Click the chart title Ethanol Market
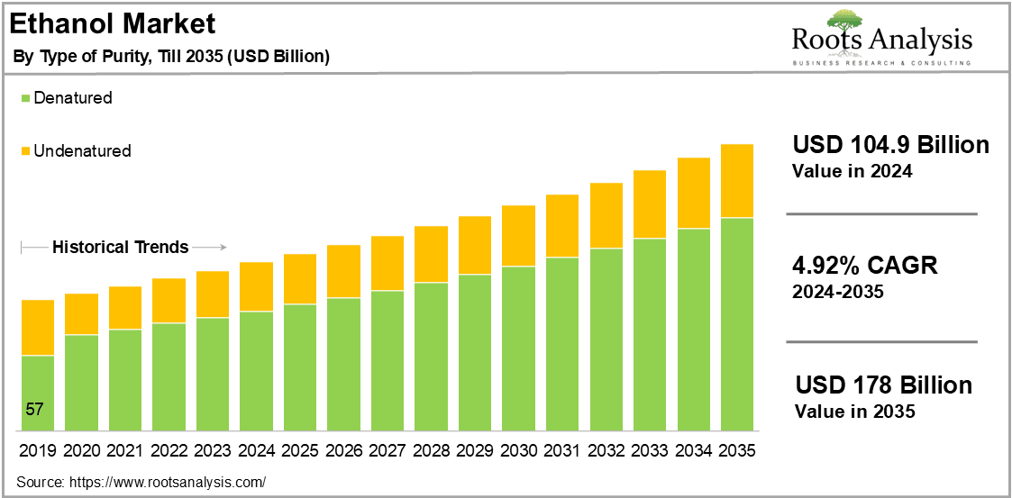(x=113, y=24)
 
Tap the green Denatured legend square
(x=26, y=99)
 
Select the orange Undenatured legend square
(x=26, y=151)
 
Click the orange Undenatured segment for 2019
(x=38, y=328)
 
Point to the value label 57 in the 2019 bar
(x=34, y=409)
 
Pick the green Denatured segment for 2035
(x=737, y=324)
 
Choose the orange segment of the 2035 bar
(x=737, y=181)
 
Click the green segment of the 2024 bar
(x=256, y=372)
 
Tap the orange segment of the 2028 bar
(x=431, y=254)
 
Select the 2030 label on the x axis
(x=518, y=449)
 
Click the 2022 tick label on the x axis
(x=169, y=449)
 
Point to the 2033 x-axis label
(x=649, y=449)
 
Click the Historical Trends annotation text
(x=121, y=247)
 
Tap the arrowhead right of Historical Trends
(x=223, y=247)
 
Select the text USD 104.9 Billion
(x=890, y=145)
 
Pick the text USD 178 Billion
(x=883, y=385)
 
